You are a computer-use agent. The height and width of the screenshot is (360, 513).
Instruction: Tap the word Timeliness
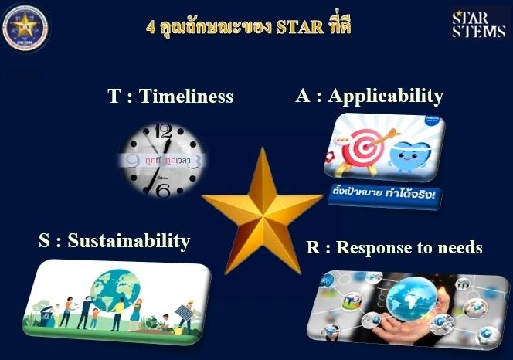click(x=192, y=97)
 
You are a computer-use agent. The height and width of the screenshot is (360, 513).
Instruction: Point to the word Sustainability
click(x=128, y=240)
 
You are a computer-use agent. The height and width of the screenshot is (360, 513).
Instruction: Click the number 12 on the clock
click(x=163, y=131)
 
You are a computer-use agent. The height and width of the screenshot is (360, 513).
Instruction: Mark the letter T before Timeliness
click(x=114, y=97)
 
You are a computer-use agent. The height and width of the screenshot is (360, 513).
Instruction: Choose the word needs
click(x=459, y=247)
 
